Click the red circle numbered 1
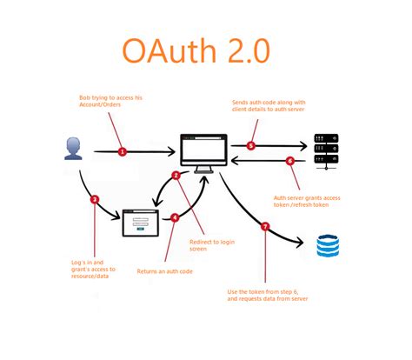(122, 151)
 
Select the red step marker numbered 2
(176, 177)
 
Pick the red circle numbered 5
(251, 146)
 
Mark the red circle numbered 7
(266, 227)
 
